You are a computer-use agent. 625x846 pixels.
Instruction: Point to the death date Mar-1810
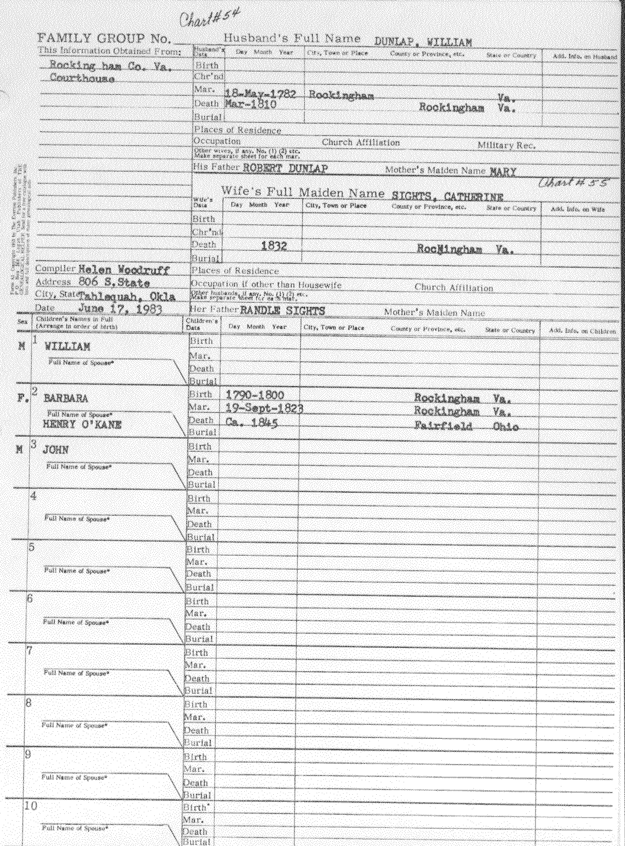(250, 104)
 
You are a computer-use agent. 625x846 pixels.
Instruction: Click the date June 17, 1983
(120, 309)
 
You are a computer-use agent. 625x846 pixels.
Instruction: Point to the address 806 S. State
(115, 282)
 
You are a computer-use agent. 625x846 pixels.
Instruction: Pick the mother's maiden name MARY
(503, 172)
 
